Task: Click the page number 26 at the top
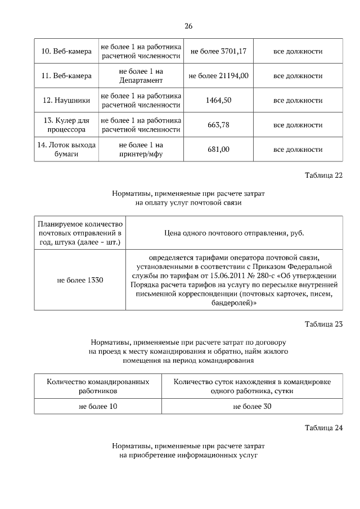pyautogui.click(x=188, y=26)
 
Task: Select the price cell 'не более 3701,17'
pyautogui.click(x=219, y=51)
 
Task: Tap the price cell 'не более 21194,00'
pyautogui.click(x=219, y=75)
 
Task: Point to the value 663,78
pyautogui.click(x=219, y=124)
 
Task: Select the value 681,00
pyautogui.click(x=219, y=149)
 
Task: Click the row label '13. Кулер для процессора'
pyautogui.click(x=66, y=124)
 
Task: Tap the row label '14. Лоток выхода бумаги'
pyautogui.click(x=66, y=149)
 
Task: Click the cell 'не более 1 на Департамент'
pyautogui.click(x=141, y=75)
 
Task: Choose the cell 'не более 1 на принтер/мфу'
pyautogui.click(x=141, y=149)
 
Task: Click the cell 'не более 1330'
pyautogui.click(x=80, y=280)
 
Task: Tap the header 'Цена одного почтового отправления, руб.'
pyautogui.click(x=233, y=232)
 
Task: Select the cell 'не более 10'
pyautogui.click(x=98, y=406)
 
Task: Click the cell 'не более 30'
pyautogui.click(x=252, y=406)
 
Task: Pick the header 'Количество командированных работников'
pyautogui.click(x=98, y=385)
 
